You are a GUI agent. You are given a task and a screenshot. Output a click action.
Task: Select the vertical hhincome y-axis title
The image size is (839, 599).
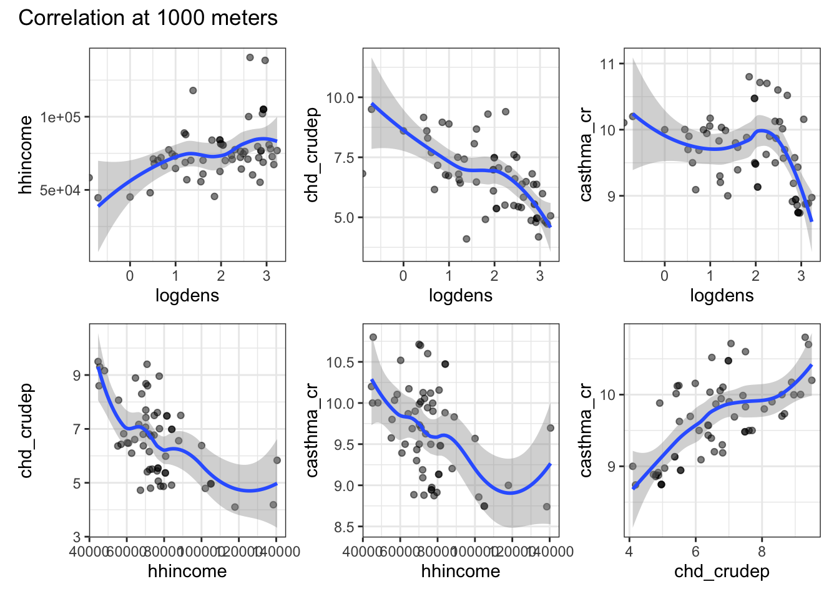click(26, 155)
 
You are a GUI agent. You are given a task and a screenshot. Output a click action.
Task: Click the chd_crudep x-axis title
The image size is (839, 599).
click(722, 571)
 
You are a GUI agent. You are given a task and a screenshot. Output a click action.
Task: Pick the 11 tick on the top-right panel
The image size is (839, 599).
click(607, 64)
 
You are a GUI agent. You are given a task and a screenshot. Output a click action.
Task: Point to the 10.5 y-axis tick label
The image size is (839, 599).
click(340, 363)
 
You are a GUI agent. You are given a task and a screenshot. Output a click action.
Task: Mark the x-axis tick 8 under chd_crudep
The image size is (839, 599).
click(762, 552)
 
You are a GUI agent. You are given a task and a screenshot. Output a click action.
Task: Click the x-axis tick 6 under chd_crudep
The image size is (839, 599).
click(695, 552)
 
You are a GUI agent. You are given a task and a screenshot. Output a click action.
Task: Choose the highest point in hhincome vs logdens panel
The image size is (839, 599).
click(250, 57)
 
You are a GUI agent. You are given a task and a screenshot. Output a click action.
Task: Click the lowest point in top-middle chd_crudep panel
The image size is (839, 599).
click(466, 239)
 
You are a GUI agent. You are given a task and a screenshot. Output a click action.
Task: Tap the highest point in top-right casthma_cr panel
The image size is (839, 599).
click(749, 77)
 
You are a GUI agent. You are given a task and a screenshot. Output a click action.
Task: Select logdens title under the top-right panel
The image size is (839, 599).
click(722, 295)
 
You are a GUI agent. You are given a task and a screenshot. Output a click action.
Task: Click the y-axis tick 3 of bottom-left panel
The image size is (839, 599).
click(77, 537)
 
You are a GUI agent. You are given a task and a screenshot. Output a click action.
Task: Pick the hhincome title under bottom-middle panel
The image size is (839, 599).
click(461, 571)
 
